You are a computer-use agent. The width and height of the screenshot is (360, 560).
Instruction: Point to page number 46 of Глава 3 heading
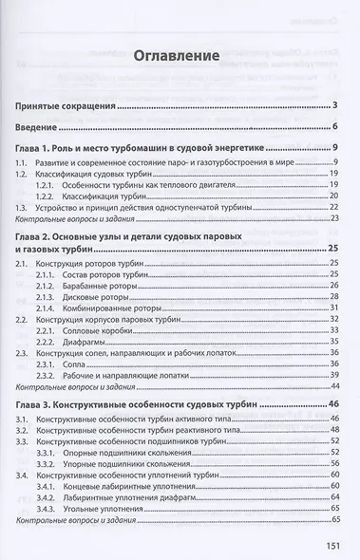[333, 403]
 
